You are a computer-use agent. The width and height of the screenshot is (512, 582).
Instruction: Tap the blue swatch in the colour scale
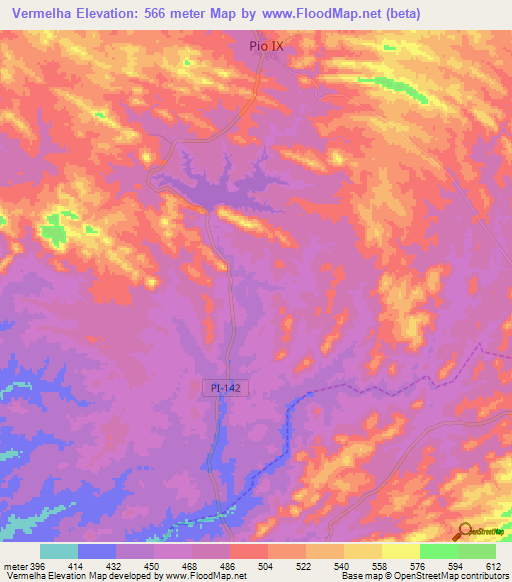coord(96,551)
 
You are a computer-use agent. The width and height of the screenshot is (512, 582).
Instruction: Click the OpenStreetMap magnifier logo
coord(464,530)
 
